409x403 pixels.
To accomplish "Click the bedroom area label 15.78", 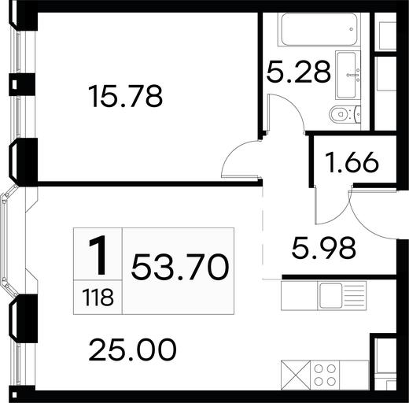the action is click(x=126, y=96).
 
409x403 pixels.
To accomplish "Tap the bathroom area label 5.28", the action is click(x=298, y=72).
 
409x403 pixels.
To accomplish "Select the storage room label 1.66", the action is click(x=352, y=163).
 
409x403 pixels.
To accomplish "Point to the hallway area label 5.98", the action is click(x=323, y=248).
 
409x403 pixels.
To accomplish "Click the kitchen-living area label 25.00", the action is click(x=132, y=349).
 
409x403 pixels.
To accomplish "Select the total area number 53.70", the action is click(x=180, y=268).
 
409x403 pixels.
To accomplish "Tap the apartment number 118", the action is click(x=98, y=298).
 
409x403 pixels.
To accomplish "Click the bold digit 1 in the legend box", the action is click(x=98, y=255).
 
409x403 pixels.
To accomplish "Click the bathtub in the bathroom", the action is click(x=319, y=30).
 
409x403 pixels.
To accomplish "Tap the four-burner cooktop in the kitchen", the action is click(x=325, y=375).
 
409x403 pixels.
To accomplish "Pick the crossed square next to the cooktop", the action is click(x=296, y=375).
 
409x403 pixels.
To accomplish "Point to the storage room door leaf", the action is click(x=316, y=205).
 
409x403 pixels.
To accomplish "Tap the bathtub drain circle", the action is click(x=352, y=29).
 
